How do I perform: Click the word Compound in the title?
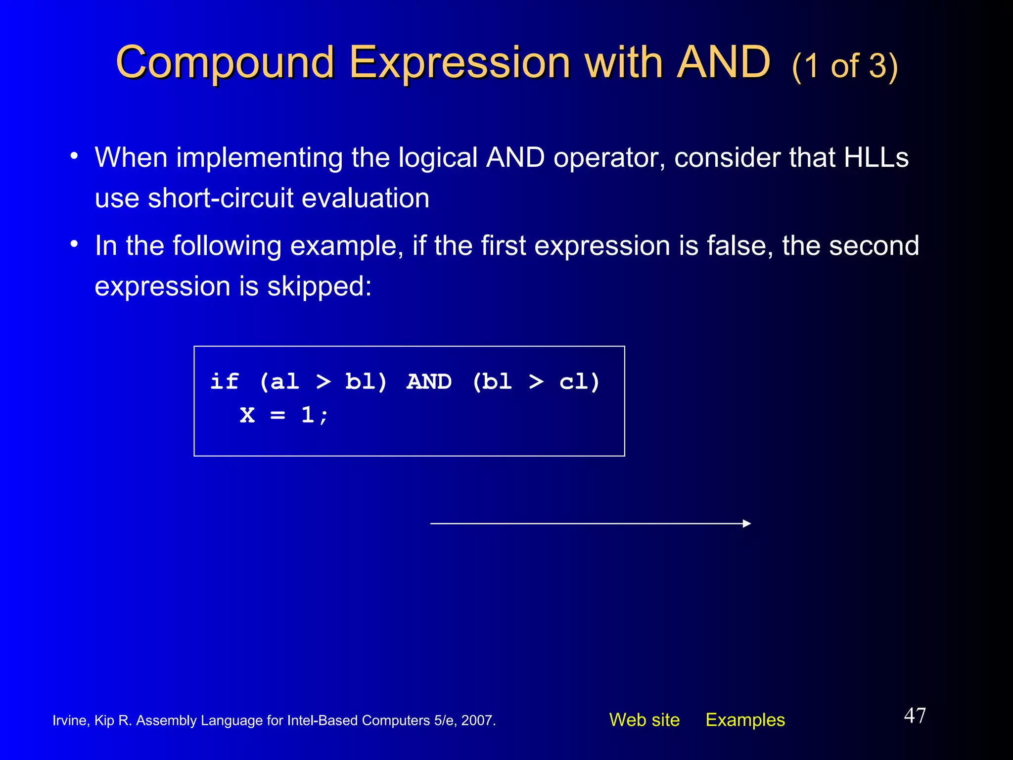225,63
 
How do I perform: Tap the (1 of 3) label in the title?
844,66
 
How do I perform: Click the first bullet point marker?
74,156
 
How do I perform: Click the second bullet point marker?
74,244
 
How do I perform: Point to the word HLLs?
876,158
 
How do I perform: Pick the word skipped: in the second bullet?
319,286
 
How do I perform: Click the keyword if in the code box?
224,381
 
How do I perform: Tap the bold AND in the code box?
429,381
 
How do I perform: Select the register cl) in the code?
579,381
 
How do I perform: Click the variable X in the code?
247,415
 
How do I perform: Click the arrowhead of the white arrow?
747,523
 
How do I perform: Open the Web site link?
644,720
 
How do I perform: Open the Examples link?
745,720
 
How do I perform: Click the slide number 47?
915,715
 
